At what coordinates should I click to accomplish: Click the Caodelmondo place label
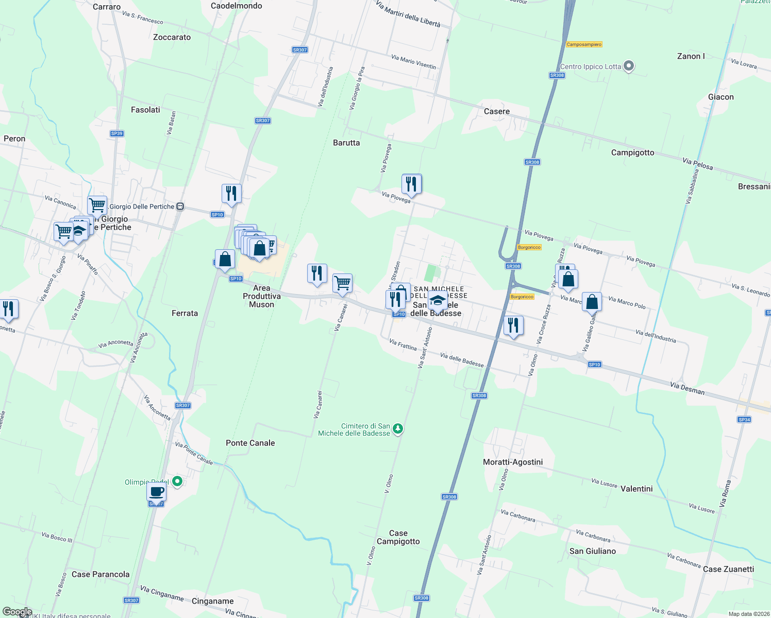tap(237, 6)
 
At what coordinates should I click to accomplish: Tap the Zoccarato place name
tap(172, 37)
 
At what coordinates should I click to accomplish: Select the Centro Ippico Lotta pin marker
tap(628, 66)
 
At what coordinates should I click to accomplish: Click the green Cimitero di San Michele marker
tap(397, 428)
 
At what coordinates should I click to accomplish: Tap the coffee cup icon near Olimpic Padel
tap(157, 492)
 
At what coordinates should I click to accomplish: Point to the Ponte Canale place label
tap(250, 443)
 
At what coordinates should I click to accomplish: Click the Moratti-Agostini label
tap(513, 462)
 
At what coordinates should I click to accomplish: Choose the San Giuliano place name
tap(593, 551)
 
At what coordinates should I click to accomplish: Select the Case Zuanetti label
tap(728, 569)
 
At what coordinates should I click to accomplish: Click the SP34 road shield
tap(744, 420)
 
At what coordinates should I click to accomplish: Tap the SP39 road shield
tap(117, 133)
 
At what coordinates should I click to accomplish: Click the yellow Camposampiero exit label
tap(584, 44)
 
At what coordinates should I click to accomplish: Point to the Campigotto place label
tap(632, 152)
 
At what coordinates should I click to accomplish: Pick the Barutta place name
tap(346, 143)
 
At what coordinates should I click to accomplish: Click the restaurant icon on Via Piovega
tap(411, 184)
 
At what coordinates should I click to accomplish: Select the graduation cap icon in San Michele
tap(438, 300)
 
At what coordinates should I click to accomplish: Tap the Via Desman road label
tap(687, 388)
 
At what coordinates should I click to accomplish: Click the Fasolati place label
tap(145, 110)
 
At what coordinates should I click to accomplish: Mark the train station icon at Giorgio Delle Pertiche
tap(180, 207)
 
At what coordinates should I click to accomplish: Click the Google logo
tap(17, 612)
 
